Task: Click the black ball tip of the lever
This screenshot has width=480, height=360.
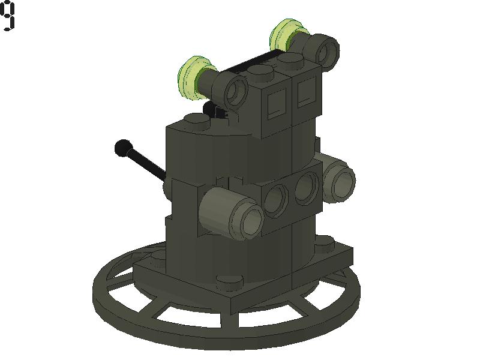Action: (123, 147)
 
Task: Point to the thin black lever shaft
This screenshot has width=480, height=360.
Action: (147, 164)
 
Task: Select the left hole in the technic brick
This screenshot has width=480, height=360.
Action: (275, 200)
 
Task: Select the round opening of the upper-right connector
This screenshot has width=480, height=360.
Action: (327, 50)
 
